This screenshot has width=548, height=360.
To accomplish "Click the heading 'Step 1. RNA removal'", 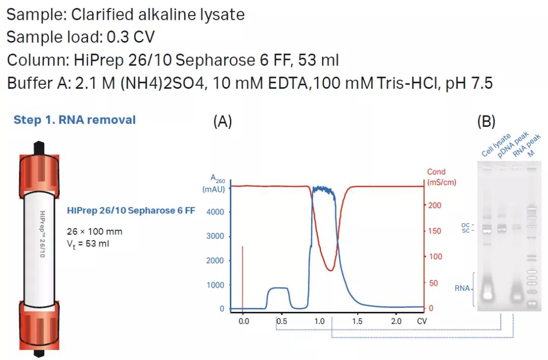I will click(75, 120).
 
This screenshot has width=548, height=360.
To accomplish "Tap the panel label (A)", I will click(222, 121).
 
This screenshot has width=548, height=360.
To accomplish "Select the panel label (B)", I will click(486, 121).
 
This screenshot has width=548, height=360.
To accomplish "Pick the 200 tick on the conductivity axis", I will click(435, 205).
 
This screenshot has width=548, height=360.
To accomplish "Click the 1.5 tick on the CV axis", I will click(357, 321).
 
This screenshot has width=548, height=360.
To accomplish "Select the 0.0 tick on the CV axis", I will click(244, 321).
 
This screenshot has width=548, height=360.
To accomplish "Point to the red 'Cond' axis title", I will click(436, 172).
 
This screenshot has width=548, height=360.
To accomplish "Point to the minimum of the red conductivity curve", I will click(330, 270).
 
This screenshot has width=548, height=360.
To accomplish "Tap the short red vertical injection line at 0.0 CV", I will click(243, 276).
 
